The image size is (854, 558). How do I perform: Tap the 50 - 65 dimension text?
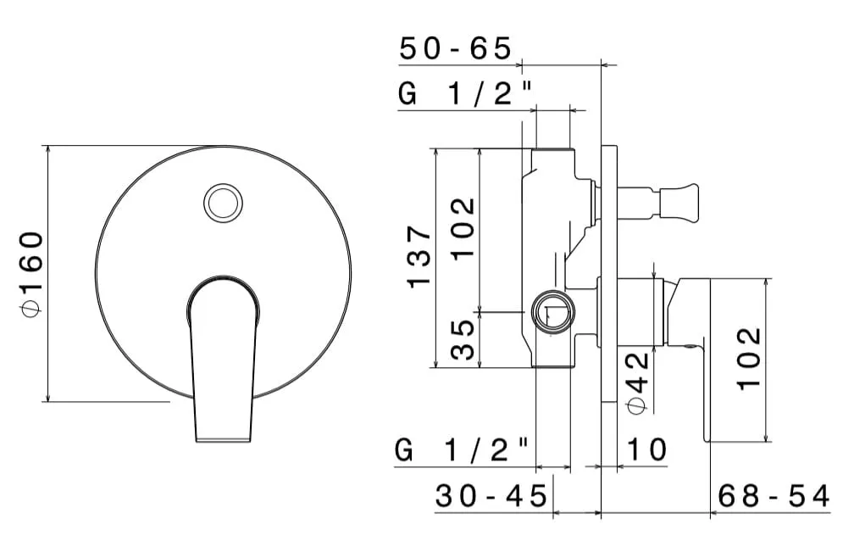tap(456, 48)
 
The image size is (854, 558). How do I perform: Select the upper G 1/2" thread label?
tap(464, 93)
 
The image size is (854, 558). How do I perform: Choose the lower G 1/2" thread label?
tap(461, 450)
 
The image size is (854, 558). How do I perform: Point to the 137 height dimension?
tap(419, 256)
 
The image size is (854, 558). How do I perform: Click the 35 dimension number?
tap(463, 339)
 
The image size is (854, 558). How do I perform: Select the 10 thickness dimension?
tap(647, 450)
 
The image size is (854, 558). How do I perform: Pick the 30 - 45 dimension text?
tap(491, 496)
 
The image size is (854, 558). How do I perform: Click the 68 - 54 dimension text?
tap(774, 496)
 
